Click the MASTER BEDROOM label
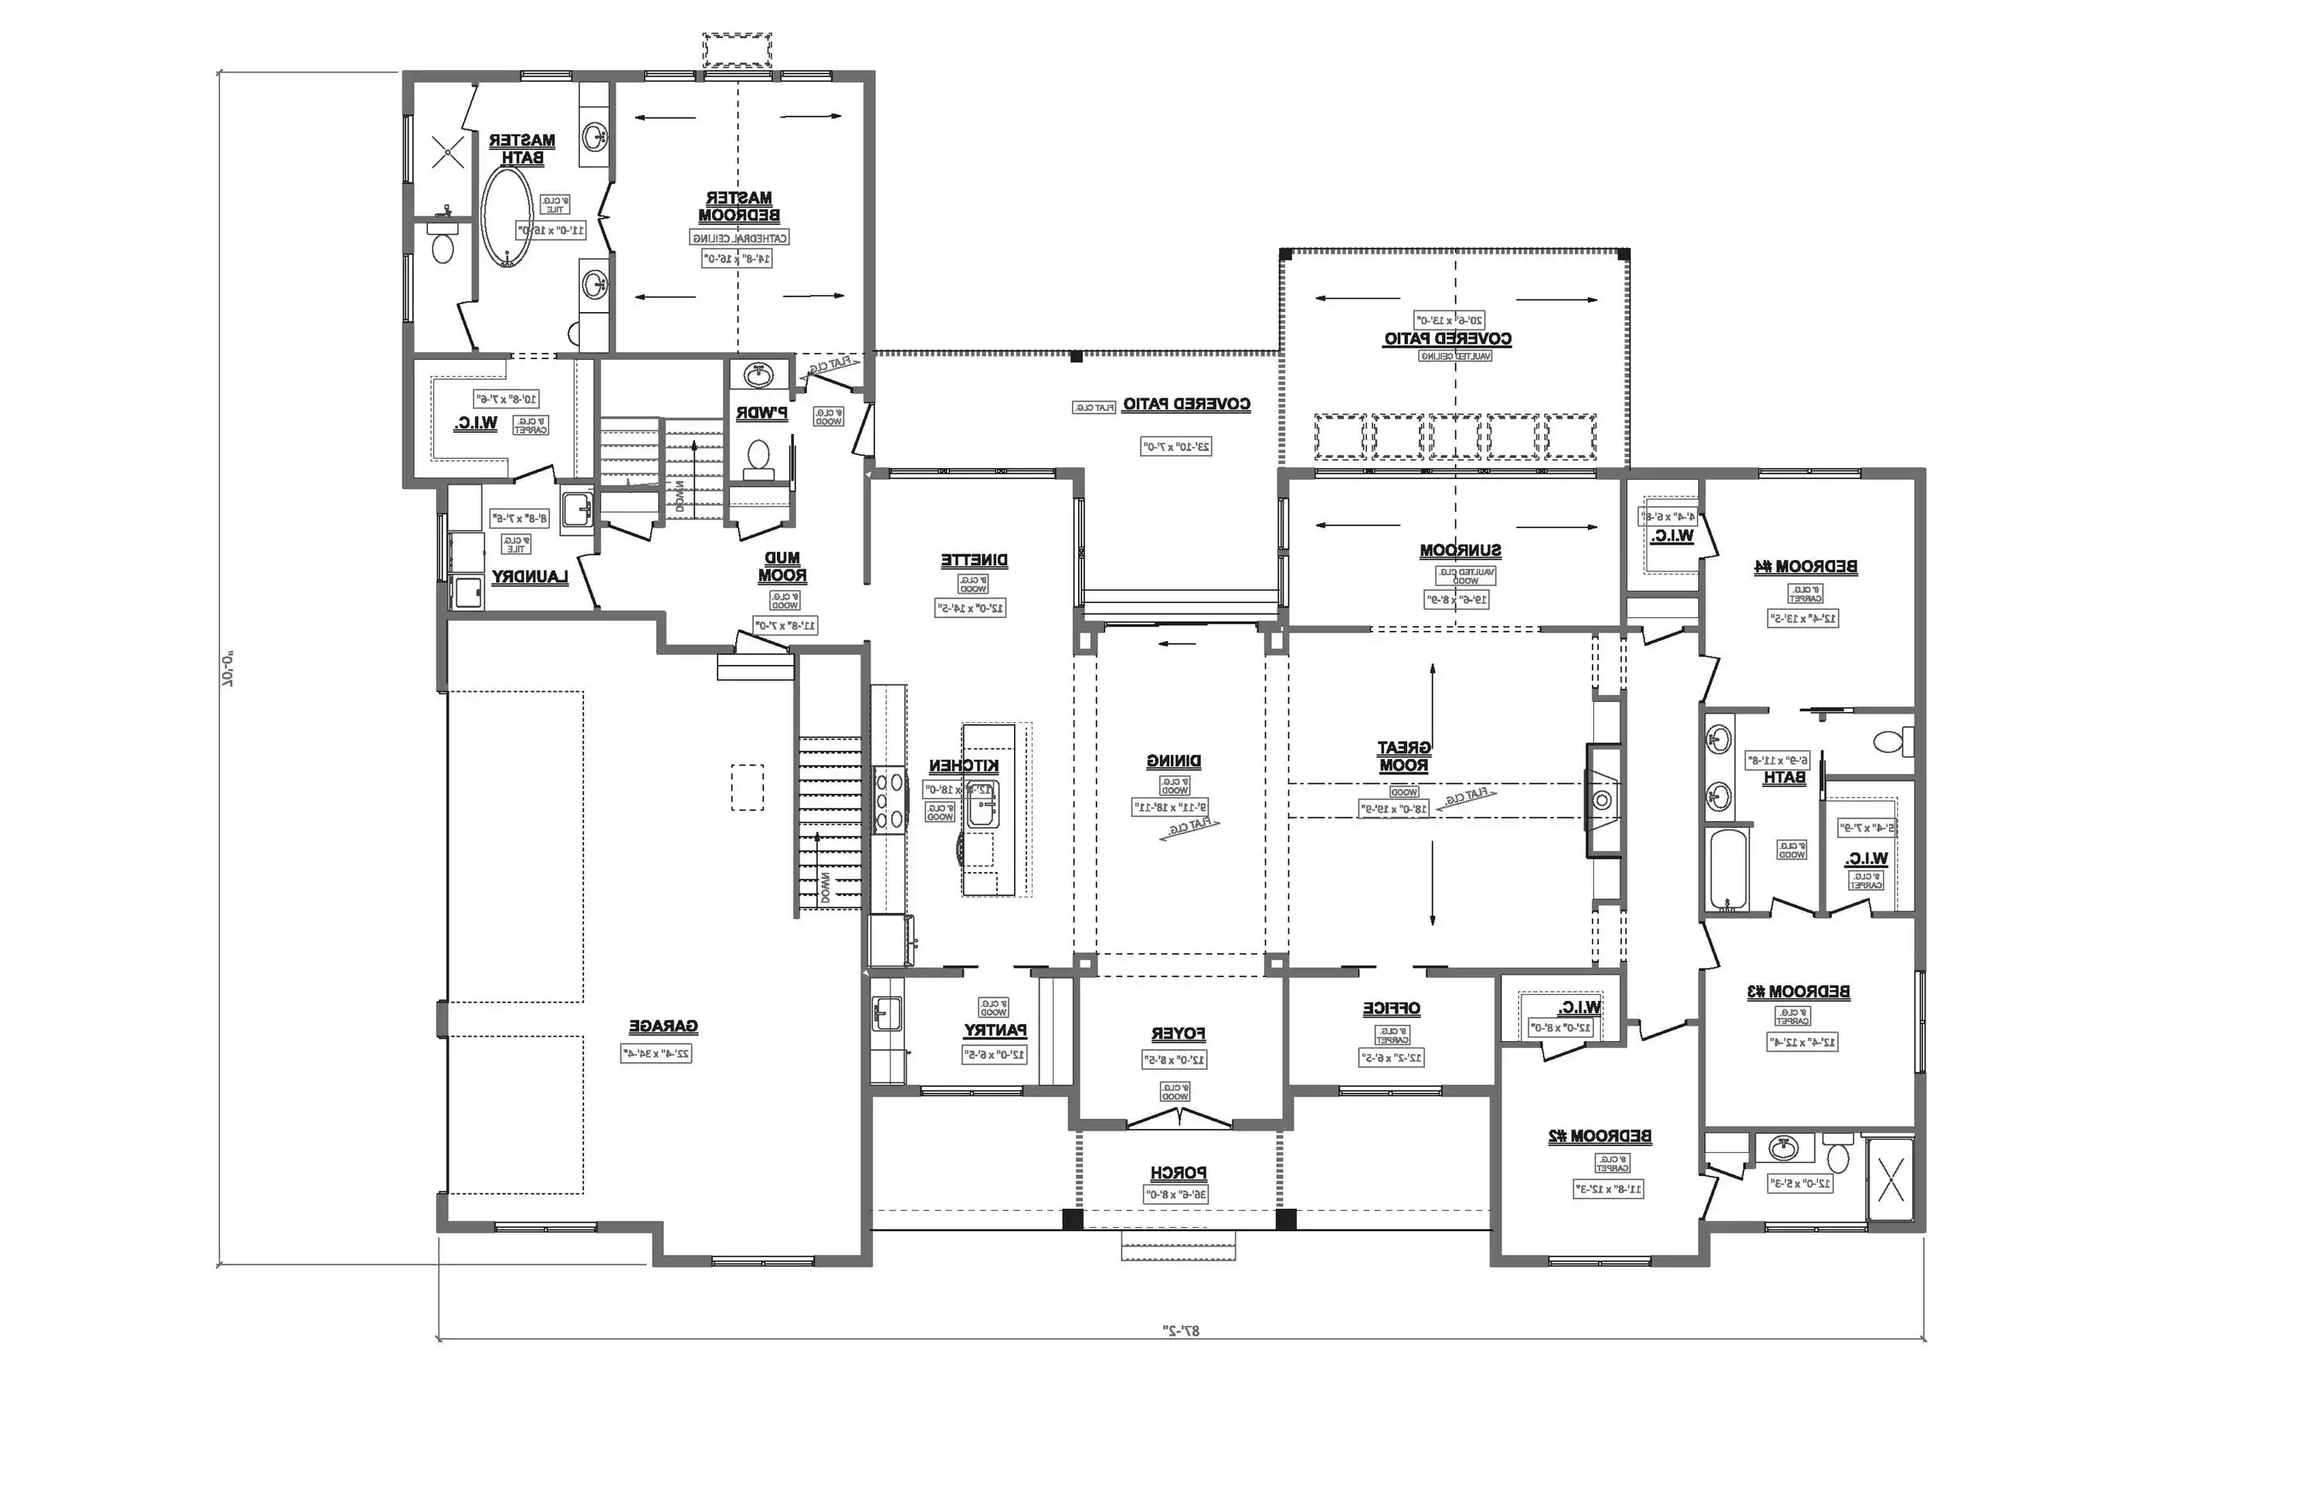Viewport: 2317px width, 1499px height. point(739,206)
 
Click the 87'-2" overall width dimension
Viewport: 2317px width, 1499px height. point(1181,1330)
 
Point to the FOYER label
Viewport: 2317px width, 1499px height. point(1178,1034)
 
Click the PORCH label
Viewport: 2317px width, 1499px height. point(1178,1173)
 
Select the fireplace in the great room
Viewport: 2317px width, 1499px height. point(1603,800)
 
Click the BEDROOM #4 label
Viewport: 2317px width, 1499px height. point(1805,567)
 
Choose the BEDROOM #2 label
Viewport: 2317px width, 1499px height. point(1600,1136)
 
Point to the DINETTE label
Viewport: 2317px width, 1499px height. point(974,561)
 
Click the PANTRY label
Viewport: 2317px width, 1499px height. point(995,1029)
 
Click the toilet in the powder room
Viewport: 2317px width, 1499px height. point(758,456)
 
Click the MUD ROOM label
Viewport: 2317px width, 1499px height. point(782,567)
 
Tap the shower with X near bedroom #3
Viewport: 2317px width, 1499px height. point(1890,1178)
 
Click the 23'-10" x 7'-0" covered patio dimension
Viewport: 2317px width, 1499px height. point(1176,447)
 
